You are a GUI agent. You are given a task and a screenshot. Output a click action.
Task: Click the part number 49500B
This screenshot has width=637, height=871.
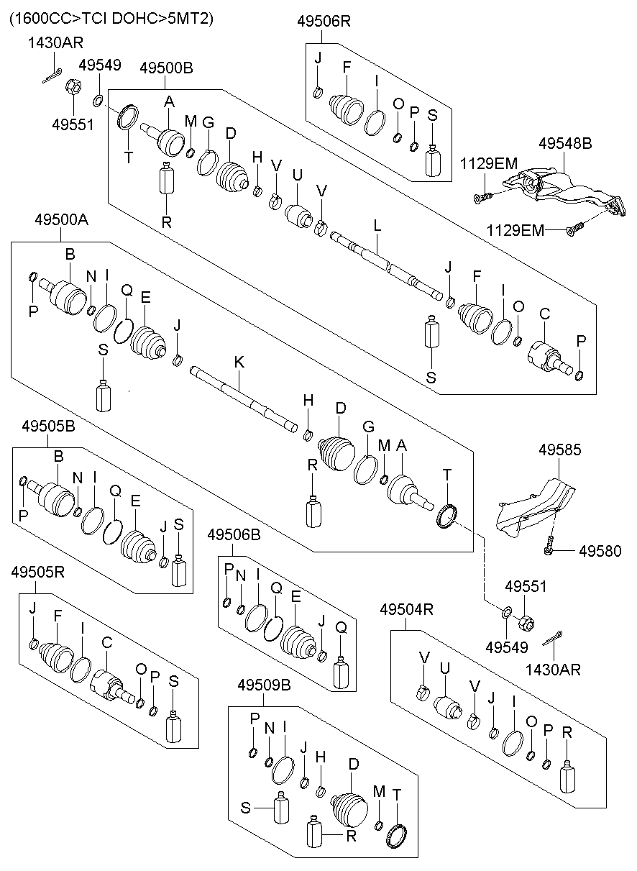click(x=166, y=68)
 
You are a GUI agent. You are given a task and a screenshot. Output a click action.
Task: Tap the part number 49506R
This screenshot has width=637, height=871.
click(x=324, y=22)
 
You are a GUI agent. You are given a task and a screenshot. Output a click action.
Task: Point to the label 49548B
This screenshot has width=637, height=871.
click(x=565, y=144)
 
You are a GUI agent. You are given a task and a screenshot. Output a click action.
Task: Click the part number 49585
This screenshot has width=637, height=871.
click(x=560, y=450)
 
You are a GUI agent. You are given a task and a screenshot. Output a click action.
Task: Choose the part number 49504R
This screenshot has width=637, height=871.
click(x=406, y=610)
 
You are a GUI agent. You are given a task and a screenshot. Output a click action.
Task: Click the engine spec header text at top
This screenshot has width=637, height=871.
click(x=111, y=19)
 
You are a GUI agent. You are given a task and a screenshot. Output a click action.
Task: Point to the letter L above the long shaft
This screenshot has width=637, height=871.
click(x=377, y=226)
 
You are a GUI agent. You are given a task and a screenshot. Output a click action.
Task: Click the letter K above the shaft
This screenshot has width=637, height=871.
click(x=239, y=363)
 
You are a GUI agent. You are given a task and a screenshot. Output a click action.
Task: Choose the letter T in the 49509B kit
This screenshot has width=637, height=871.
click(x=398, y=792)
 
